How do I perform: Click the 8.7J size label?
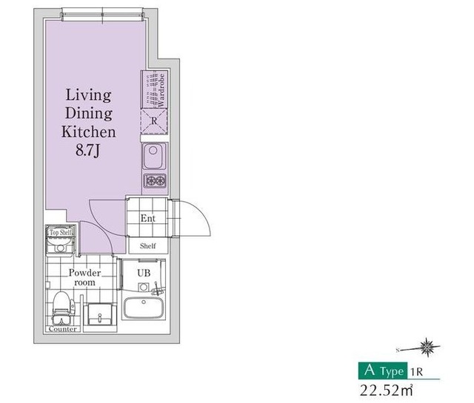point(87,150)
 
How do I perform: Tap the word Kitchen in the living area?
point(89,132)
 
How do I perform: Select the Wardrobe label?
point(161,90)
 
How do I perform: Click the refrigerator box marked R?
point(154,121)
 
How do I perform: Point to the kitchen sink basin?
point(154,156)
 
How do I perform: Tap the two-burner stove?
point(155,181)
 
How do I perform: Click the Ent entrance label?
point(148,218)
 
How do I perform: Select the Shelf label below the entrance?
point(148,246)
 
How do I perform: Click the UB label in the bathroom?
point(144,273)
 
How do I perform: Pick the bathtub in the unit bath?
point(144,308)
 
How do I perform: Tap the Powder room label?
point(84,277)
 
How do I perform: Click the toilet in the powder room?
point(63,307)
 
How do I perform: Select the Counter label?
point(63,329)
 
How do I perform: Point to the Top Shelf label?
point(61,232)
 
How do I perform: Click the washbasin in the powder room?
point(100,314)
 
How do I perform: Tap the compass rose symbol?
point(427,348)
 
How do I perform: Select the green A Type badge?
point(383,370)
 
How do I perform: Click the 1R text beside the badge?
point(416,372)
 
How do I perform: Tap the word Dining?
point(89,113)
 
